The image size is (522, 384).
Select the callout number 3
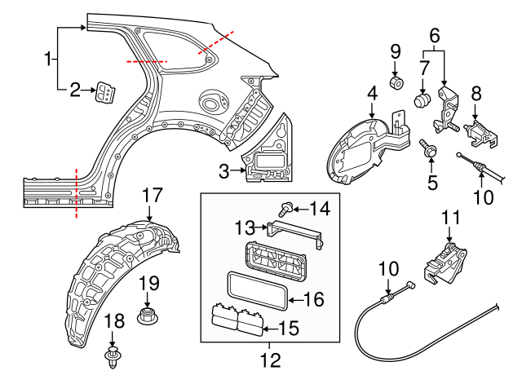point(225,171)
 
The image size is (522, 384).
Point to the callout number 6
point(434,35)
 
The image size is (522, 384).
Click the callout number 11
point(451,218)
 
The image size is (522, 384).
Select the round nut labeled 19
point(148,314)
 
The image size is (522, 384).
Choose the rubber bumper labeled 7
point(422,102)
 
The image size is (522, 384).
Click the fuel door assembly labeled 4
point(359,147)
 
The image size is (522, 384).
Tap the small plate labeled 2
point(105,93)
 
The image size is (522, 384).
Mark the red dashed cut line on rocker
point(77,192)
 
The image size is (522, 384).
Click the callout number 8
point(476,94)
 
